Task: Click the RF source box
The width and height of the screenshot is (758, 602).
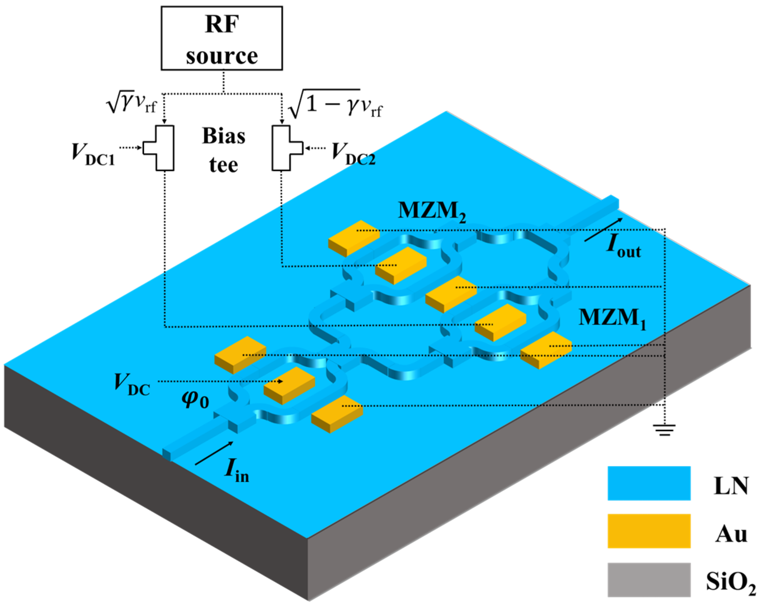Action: coord(222,38)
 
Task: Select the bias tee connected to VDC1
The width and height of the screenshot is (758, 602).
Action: coord(163,148)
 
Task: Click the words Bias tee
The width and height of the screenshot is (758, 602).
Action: coord(224,150)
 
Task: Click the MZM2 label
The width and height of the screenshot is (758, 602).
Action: coord(432,211)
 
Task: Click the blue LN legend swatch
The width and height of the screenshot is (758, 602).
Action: coord(649,483)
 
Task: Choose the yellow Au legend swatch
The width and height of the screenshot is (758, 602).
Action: coord(649,531)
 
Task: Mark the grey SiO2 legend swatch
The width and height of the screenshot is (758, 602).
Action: coord(649,579)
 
